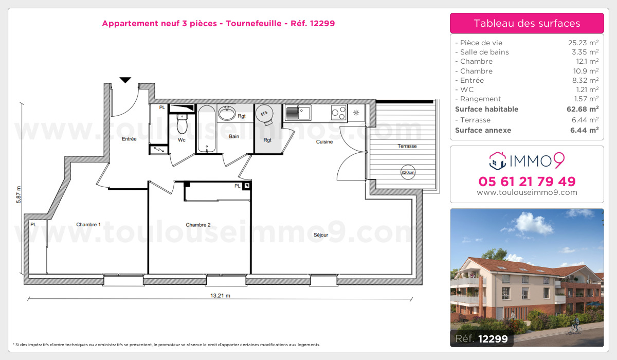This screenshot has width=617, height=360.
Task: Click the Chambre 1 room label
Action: [x=88, y=224]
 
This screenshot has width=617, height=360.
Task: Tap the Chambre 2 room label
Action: [x=198, y=225]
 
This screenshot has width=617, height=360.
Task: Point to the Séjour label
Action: [x=321, y=235]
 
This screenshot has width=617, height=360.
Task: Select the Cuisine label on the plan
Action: [x=324, y=141]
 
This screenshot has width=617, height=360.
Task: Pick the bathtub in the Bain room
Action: [x=207, y=129]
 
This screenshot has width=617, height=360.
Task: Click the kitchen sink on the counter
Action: [x=298, y=113]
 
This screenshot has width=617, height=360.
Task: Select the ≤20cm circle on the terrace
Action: [x=408, y=172]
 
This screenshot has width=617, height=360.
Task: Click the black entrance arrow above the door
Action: [x=125, y=80]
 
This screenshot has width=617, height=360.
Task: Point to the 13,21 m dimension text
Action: [x=221, y=296]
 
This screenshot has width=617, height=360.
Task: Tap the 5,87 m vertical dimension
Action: [x=19, y=195]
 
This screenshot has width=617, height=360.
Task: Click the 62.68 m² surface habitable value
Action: [x=583, y=109]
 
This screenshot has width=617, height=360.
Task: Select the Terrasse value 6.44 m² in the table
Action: [x=585, y=120]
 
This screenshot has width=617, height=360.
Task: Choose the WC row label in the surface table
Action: [x=467, y=89]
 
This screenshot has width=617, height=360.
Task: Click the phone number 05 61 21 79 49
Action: [x=527, y=182]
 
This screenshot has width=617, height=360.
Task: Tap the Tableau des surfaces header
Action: [x=527, y=23]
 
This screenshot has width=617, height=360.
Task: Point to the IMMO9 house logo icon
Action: [x=498, y=161]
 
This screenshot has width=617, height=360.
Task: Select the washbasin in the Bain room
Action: [x=227, y=113]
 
